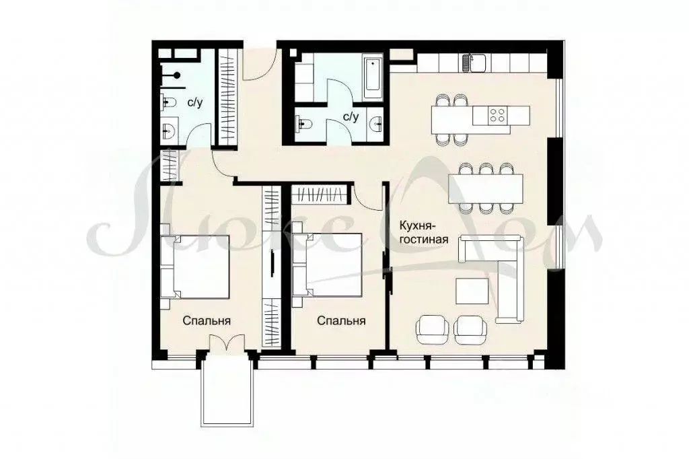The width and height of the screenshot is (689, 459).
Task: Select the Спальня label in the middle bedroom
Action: pos(341,321)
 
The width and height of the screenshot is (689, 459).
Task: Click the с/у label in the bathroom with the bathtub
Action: pos(351,116)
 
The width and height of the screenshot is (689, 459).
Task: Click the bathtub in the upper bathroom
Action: pos(372,79)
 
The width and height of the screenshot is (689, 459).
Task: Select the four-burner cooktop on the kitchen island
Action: pos(498,115)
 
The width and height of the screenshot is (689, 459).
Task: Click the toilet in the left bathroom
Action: pos(169,102)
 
